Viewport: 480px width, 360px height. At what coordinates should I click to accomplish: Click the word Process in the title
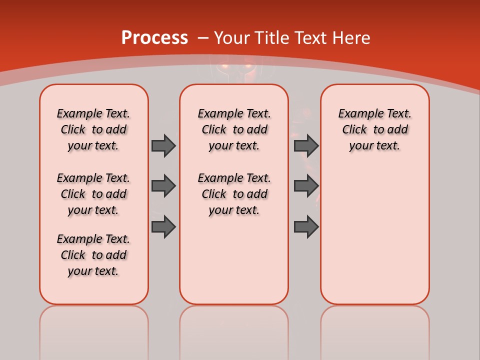[x=154, y=38]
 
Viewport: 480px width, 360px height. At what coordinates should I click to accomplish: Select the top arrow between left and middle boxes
[x=163, y=145]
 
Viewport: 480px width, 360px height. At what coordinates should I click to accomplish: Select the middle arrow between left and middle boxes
[x=163, y=186]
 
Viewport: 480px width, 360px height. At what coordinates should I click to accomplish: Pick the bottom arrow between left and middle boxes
[x=163, y=227]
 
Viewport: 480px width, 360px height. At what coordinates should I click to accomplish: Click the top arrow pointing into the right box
[x=306, y=145]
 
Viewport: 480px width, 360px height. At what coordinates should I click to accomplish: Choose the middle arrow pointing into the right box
[x=306, y=186]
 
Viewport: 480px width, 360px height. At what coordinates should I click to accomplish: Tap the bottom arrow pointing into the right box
[x=306, y=227]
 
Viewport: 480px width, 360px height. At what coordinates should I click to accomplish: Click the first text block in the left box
[x=93, y=129]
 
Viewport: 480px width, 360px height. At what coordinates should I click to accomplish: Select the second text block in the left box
[x=93, y=194]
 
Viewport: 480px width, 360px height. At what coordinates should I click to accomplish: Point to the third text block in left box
[x=93, y=255]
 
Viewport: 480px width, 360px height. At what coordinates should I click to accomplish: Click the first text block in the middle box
[x=234, y=129]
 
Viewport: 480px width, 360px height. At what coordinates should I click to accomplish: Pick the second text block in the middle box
[x=234, y=194]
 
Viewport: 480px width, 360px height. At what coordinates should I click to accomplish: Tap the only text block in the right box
[x=374, y=129]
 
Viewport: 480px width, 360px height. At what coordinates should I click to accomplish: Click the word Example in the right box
[x=357, y=114]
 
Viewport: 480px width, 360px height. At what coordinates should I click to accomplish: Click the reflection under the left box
[x=94, y=330]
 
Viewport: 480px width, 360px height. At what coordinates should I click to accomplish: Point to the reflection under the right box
[x=375, y=330]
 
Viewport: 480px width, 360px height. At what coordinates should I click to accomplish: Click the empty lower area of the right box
[x=375, y=240]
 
